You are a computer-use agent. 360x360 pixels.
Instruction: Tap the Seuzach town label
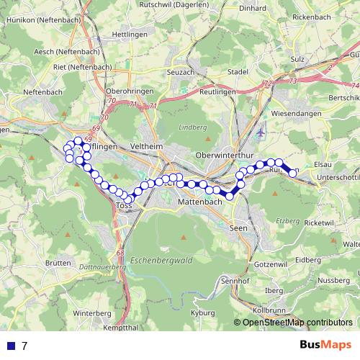pyautogui.click(x=180, y=72)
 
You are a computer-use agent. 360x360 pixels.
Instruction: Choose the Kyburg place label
pyautogui.click(x=204, y=314)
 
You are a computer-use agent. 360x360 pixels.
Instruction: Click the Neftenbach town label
pyautogui.click(x=43, y=92)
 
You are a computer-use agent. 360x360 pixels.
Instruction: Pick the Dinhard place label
pyautogui.click(x=252, y=9)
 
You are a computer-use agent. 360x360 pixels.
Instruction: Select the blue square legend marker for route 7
pyautogui.click(x=12, y=346)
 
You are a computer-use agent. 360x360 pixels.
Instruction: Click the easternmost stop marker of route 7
pyautogui.click(x=293, y=173)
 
